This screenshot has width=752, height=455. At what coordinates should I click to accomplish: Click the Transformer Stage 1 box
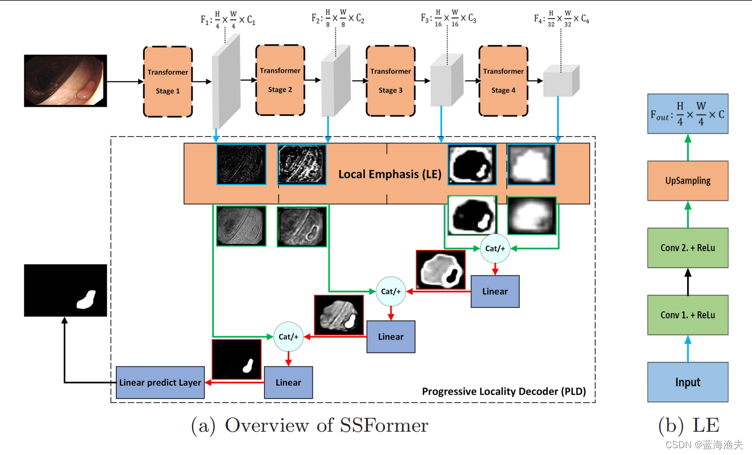[168, 81]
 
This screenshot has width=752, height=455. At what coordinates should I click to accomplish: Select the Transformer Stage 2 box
[280, 80]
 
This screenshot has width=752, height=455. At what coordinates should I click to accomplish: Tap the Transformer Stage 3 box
[390, 80]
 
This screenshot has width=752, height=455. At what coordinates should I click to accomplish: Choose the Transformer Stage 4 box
[503, 80]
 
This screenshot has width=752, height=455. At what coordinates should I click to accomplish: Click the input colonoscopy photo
[65, 81]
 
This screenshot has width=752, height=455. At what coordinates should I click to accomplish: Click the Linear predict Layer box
[160, 382]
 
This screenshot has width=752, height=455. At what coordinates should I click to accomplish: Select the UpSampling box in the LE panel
[687, 181]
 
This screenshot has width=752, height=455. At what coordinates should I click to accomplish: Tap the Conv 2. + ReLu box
[687, 248]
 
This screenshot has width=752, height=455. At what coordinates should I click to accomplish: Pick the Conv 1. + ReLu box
[687, 315]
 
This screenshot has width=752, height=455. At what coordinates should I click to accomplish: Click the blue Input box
[687, 382]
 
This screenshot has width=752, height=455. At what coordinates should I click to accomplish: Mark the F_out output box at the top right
[687, 114]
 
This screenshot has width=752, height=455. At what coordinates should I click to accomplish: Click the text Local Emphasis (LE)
[389, 174]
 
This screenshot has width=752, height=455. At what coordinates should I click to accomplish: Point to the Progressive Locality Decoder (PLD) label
[504, 391]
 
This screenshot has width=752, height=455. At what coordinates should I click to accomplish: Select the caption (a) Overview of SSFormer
[309, 425]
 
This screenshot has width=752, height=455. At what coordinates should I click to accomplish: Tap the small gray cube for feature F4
[561, 80]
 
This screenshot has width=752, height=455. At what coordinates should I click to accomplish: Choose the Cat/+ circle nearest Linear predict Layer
[288, 336]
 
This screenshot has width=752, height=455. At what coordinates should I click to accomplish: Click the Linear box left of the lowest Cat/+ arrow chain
[288, 382]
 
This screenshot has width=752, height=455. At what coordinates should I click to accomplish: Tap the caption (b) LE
[688, 425]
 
